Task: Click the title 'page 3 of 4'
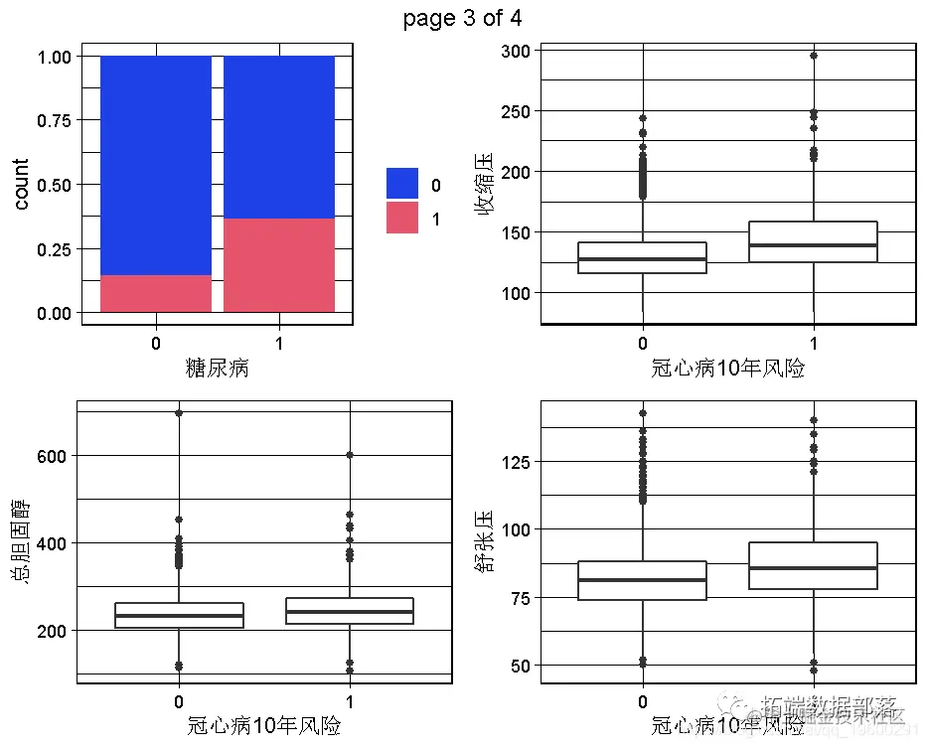tap(463, 18)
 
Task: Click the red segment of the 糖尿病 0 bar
tap(156, 293)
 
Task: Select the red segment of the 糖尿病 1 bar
tap(278, 265)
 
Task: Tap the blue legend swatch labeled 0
tap(402, 184)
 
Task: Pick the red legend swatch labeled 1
tap(402, 218)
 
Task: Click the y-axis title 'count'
tap(22, 184)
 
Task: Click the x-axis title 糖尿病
tap(217, 369)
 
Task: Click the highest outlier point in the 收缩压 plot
tap(814, 56)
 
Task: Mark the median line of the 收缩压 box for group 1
tap(814, 244)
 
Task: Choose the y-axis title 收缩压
tap(484, 185)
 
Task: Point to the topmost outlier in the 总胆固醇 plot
tap(179, 413)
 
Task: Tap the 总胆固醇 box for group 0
tap(179, 615)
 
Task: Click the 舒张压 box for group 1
tap(814, 565)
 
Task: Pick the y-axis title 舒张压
tap(484, 542)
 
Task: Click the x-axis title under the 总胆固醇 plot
tap(264, 726)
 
